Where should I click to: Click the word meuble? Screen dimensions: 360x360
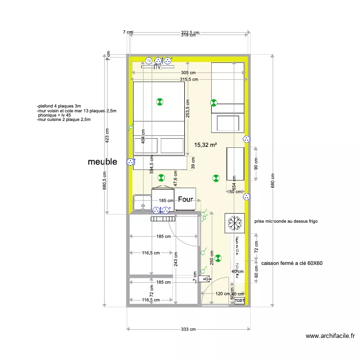pyautogui.click(x=102, y=162)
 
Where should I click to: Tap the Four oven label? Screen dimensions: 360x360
pyautogui.click(x=185, y=199)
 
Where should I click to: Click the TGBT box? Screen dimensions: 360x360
pyautogui.click(x=240, y=300)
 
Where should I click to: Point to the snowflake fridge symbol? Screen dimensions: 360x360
pyautogui.click(x=235, y=223)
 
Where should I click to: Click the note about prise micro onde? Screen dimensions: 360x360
pyautogui.click(x=286, y=221)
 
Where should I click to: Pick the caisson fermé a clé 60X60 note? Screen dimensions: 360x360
pyautogui.click(x=292, y=263)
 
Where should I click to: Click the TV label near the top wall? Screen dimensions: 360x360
pyautogui.click(x=157, y=68)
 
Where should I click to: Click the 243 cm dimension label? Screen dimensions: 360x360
pyautogui.click(x=176, y=260)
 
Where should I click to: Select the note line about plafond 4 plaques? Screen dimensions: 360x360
pyautogui.click(x=59, y=106)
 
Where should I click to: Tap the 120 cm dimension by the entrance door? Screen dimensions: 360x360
pyautogui.click(x=222, y=294)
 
